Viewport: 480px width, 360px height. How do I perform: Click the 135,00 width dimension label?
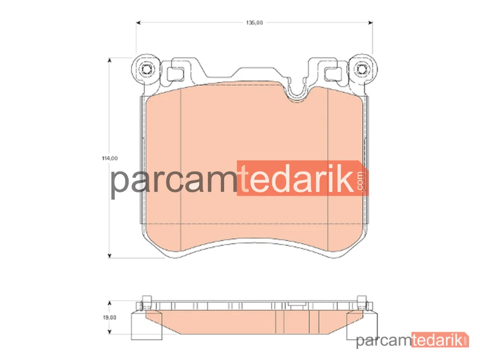coord(254,23)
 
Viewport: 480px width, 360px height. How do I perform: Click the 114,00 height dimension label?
coord(109,158)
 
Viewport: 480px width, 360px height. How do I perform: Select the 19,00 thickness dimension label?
coord(109,317)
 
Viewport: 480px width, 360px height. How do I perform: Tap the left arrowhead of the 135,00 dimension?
coord(138,23)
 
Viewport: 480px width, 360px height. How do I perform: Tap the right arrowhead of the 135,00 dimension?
coord(371,23)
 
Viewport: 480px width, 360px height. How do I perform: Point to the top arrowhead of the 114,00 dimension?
coord(109,60)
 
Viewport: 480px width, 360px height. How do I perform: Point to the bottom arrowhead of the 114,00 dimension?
coord(109,256)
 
